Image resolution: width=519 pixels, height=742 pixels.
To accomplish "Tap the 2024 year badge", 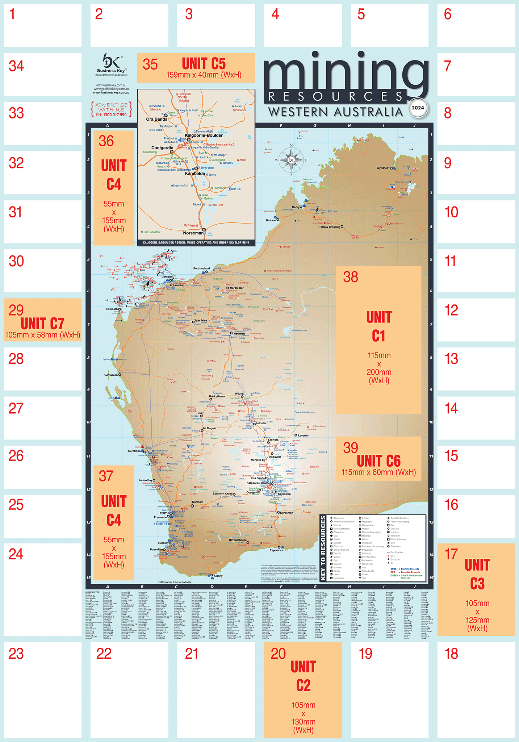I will click(x=417, y=108).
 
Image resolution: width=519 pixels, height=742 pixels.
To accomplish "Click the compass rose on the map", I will click(x=291, y=160).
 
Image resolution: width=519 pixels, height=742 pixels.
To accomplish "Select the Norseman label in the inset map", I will click(x=193, y=233).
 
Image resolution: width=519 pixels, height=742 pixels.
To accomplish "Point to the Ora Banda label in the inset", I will click(x=156, y=119).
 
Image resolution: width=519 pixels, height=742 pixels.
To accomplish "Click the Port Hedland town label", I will click(x=201, y=268).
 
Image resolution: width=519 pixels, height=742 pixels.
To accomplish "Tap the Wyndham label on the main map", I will click(x=383, y=168).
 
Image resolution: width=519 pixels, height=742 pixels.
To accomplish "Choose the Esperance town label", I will click(x=276, y=550).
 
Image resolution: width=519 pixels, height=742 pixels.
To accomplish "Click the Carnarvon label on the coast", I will click(x=111, y=375).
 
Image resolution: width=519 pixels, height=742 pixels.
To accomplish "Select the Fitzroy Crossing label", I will click(x=330, y=227).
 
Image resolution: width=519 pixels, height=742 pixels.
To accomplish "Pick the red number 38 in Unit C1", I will click(x=351, y=277).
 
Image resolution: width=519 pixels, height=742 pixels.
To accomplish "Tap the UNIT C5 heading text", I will click(x=204, y=64).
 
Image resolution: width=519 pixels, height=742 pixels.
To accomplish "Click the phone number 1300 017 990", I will click(x=111, y=115).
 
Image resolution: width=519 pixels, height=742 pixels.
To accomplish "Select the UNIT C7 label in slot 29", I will click(x=42, y=323).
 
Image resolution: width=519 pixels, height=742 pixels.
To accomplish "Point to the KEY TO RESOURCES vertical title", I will click(x=323, y=548).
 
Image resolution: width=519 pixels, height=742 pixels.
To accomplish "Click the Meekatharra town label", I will click(x=217, y=396).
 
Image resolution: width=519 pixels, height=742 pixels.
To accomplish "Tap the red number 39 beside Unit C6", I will click(x=351, y=448).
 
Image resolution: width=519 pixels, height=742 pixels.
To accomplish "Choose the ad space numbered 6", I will click(x=476, y=25).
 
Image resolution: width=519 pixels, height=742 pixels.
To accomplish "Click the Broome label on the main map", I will click(x=271, y=220).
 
